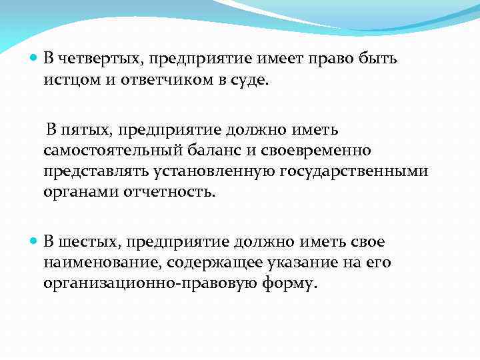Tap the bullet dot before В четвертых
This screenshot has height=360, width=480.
pos(35,58)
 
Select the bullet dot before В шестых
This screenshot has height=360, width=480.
pos(35,241)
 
